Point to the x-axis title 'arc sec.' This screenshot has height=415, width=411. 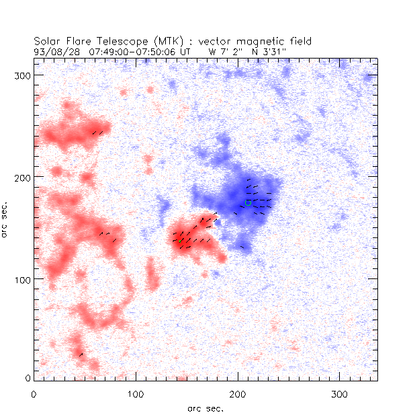(x=206, y=408)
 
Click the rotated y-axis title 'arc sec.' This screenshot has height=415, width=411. (x=7, y=218)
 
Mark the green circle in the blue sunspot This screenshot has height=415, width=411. (x=248, y=202)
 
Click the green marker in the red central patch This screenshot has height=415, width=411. (x=180, y=240)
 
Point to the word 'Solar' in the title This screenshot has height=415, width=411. (x=48, y=41)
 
